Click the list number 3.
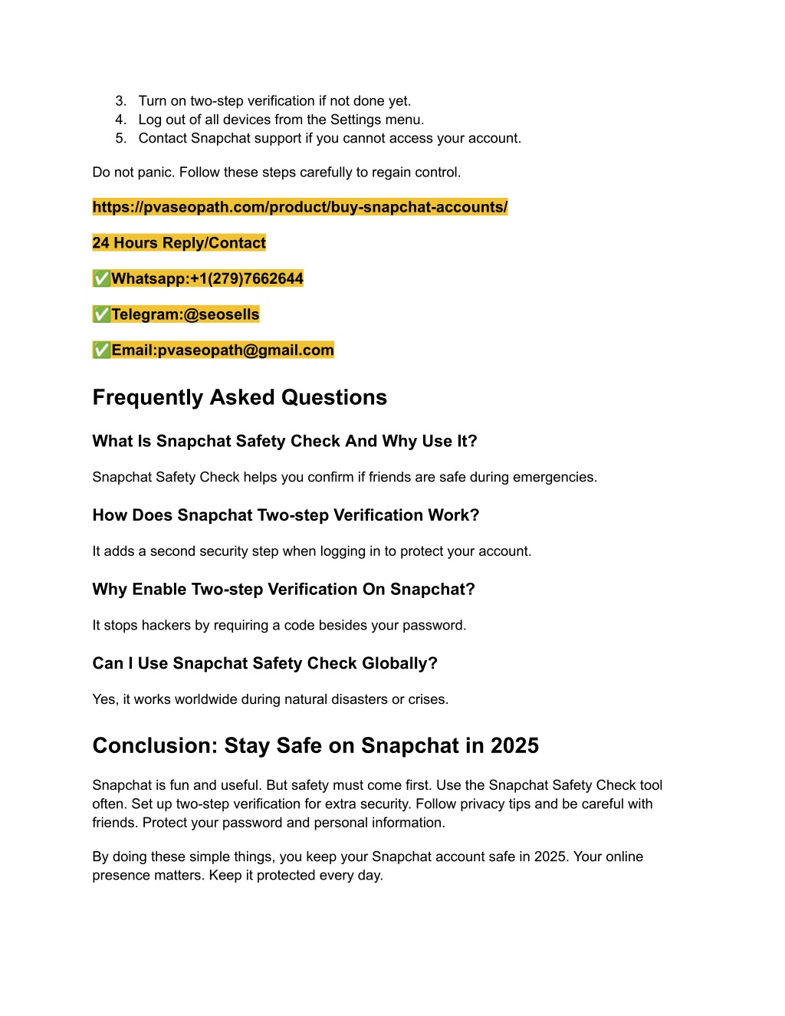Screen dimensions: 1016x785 pos(120,101)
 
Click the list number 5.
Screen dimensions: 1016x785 pos(120,139)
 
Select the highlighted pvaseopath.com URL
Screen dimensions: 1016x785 pos(300,207)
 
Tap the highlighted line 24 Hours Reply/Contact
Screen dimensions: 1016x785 pos(179,243)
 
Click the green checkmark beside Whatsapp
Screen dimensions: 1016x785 pos(101,279)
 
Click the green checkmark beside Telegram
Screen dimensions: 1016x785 pos(101,314)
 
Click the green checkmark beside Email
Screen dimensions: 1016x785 pos(101,350)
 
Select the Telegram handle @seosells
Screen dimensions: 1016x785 pos(222,314)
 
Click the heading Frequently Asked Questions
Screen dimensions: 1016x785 pos(239,397)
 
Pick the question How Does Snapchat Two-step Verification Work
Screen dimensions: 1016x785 pos(285,515)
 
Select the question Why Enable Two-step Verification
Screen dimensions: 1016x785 pos(284,590)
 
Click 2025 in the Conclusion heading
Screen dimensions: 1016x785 pos(514,746)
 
